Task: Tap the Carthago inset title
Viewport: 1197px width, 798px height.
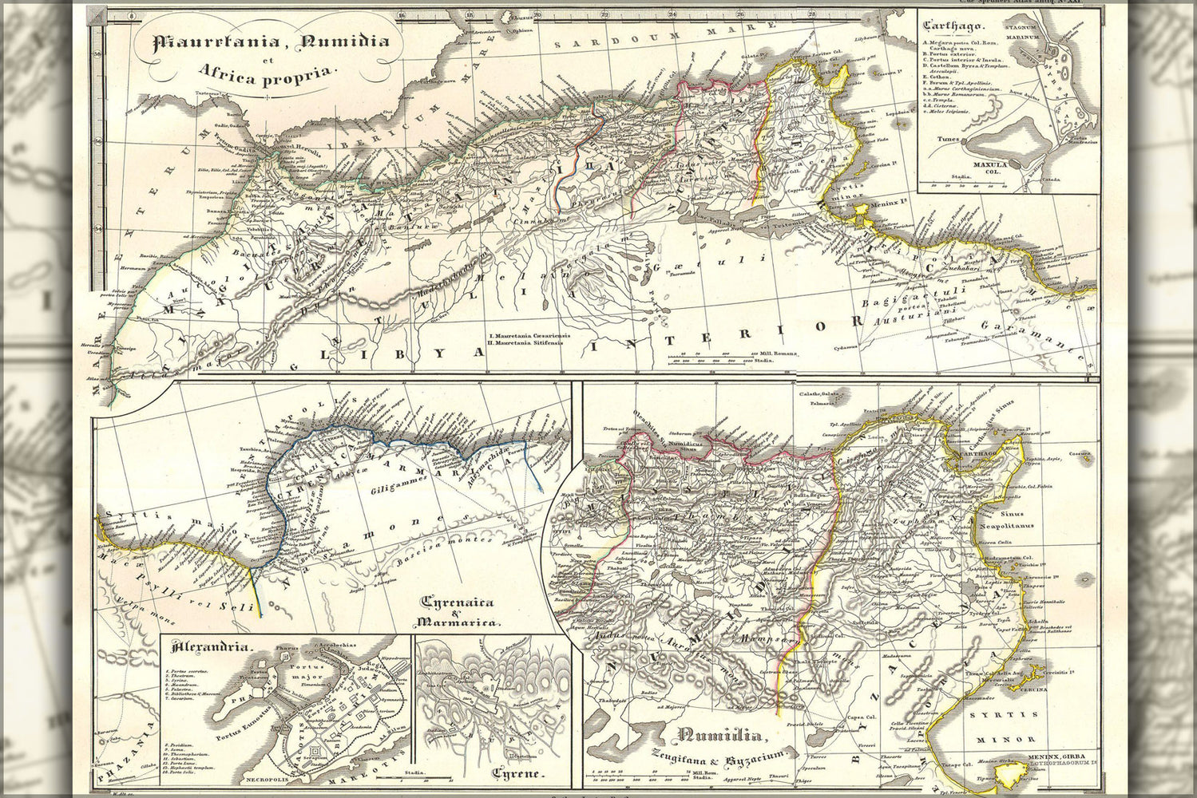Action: (x=949, y=26)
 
